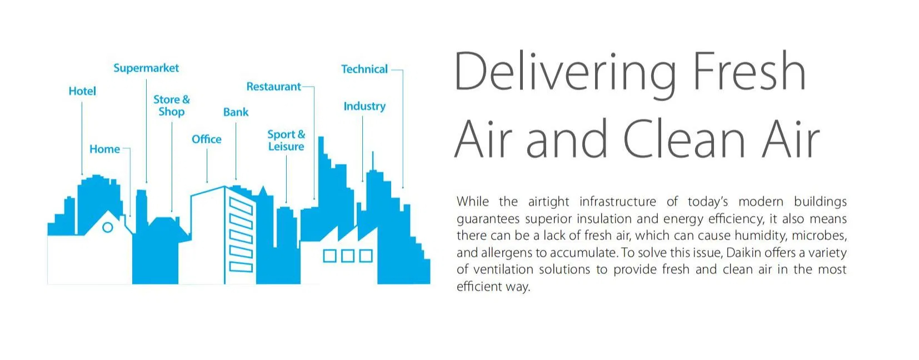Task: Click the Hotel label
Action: click(x=82, y=91)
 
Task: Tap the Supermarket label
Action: click(x=146, y=68)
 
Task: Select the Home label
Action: click(x=104, y=149)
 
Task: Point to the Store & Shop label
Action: click(x=172, y=106)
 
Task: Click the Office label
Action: click(x=206, y=139)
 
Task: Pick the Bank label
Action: click(x=236, y=112)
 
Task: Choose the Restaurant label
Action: click(x=274, y=87)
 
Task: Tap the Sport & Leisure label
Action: click(x=286, y=140)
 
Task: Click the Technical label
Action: click(x=364, y=69)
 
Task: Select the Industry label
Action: click(x=364, y=107)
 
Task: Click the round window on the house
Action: click(x=107, y=227)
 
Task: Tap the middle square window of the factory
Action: click(x=347, y=256)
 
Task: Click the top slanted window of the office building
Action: click(x=241, y=206)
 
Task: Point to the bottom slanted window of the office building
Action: click(x=241, y=267)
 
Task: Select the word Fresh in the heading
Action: click(x=749, y=71)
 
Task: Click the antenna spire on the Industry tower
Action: click(x=372, y=161)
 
